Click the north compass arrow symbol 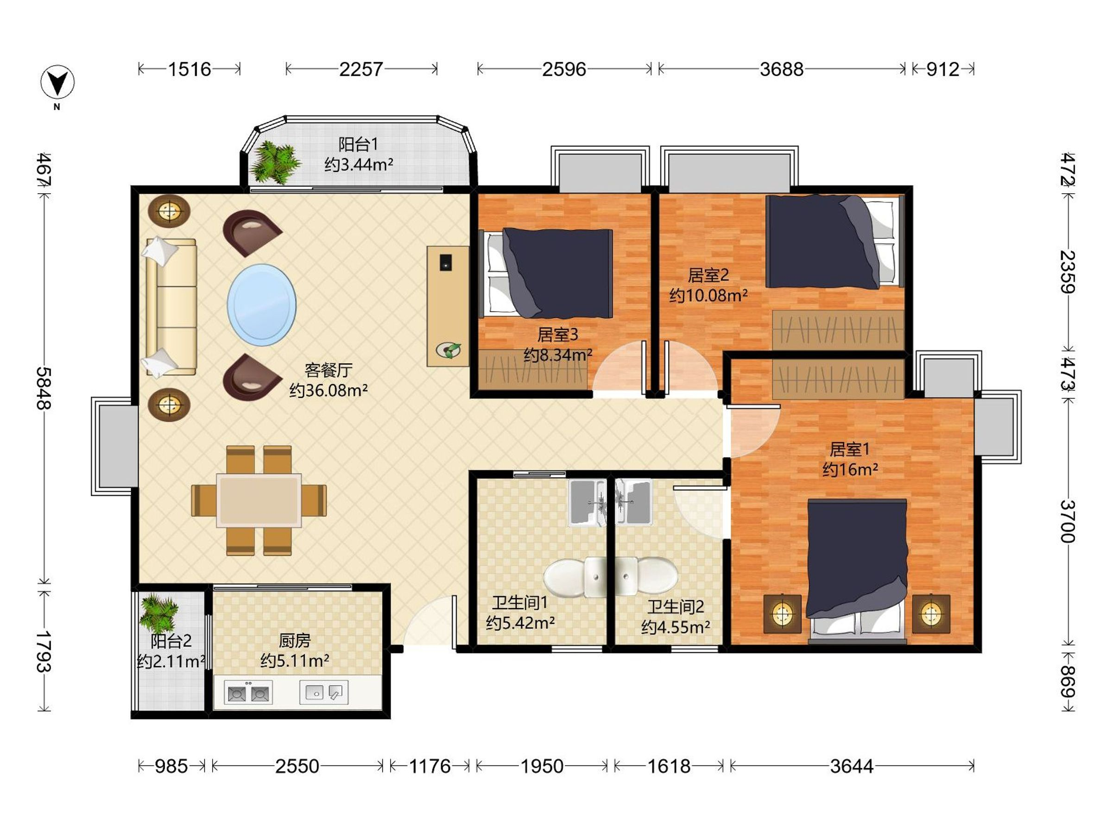57,82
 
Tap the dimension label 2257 361,69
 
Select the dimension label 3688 781,69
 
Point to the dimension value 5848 44,388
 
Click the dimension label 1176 430,766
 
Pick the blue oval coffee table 261,305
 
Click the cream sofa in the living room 171,307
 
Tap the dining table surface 259,500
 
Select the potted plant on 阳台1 275,162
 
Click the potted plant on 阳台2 158,613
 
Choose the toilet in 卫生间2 646,576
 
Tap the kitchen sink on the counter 324,693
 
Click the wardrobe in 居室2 838,330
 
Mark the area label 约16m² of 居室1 850,469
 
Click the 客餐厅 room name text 328,371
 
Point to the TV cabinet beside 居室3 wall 448,306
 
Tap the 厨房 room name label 295,640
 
